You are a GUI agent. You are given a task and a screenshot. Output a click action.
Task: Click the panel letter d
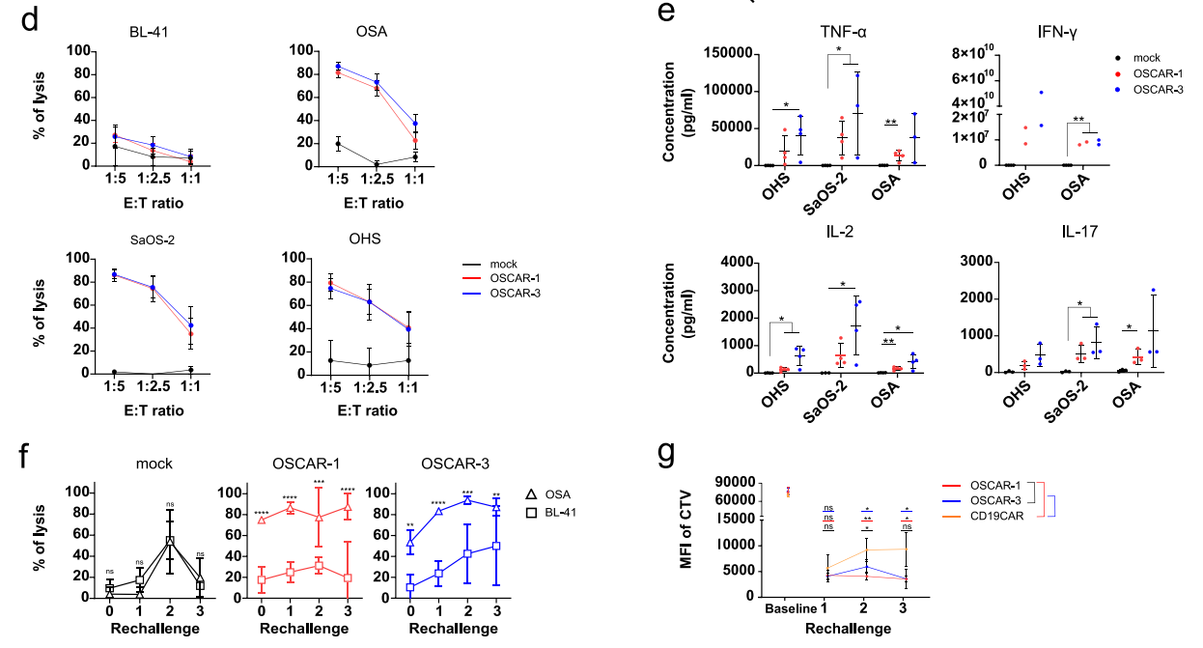28,22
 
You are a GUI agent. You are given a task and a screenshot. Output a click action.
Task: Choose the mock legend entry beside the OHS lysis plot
502,264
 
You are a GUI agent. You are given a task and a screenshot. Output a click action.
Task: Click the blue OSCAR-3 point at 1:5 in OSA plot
339,67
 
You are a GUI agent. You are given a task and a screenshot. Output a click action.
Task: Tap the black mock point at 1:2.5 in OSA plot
377,164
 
